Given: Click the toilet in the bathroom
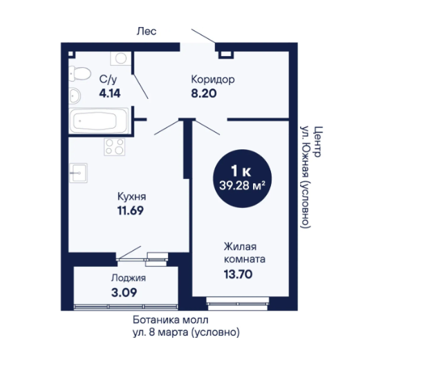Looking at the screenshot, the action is (x=80, y=73).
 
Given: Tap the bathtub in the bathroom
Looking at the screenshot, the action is (x=99, y=121).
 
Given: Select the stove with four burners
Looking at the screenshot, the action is (x=115, y=147).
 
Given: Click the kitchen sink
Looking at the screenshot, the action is (x=78, y=173).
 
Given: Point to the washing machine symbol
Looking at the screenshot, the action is (x=121, y=58).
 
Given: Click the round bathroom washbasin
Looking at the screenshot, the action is (x=75, y=95).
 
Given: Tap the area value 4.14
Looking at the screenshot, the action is (x=110, y=93).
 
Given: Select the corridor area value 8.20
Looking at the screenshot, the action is (x=204, y=93).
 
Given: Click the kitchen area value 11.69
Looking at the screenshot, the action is (x=131, y=211).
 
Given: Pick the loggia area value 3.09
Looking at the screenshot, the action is (x=124, y=292).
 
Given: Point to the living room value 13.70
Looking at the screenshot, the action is (x=238, y=274).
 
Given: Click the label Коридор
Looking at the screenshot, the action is (x=213, y=79).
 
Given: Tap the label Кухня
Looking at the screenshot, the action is (x=131, y=196).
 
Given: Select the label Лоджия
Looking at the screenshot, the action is (x=129, y=278).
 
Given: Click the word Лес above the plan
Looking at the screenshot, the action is (x=147, y=31).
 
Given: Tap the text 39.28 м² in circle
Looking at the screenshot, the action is (x=242, y=185).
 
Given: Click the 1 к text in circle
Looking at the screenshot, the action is (x=241, y=171).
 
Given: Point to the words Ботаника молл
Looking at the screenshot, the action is (x=171, y=319).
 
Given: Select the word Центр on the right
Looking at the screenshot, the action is (x=317, y=142).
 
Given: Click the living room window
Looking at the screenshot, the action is (x=238, y=303).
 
